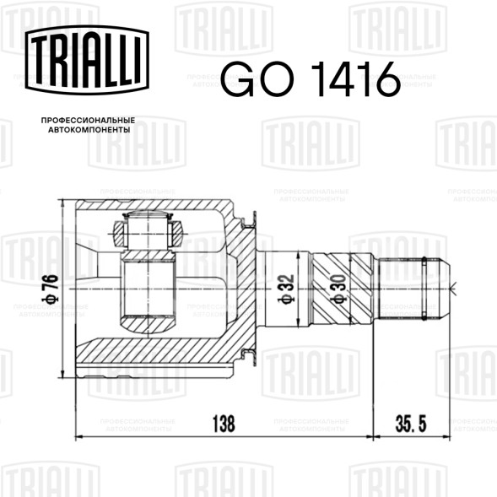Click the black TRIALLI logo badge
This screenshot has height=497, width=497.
click(x=87, y=60)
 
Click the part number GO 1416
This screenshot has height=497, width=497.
click(x=311, y=79)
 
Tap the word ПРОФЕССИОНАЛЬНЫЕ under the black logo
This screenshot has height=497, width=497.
click(x=88, y=121)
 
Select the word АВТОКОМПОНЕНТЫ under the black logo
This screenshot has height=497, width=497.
click(x=89, y=130)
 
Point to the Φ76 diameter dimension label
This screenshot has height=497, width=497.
click(x=51, y=289)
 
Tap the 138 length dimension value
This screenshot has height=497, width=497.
click(x=224, y=424)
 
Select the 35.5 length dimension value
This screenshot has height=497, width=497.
click(x=411, y=424)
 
